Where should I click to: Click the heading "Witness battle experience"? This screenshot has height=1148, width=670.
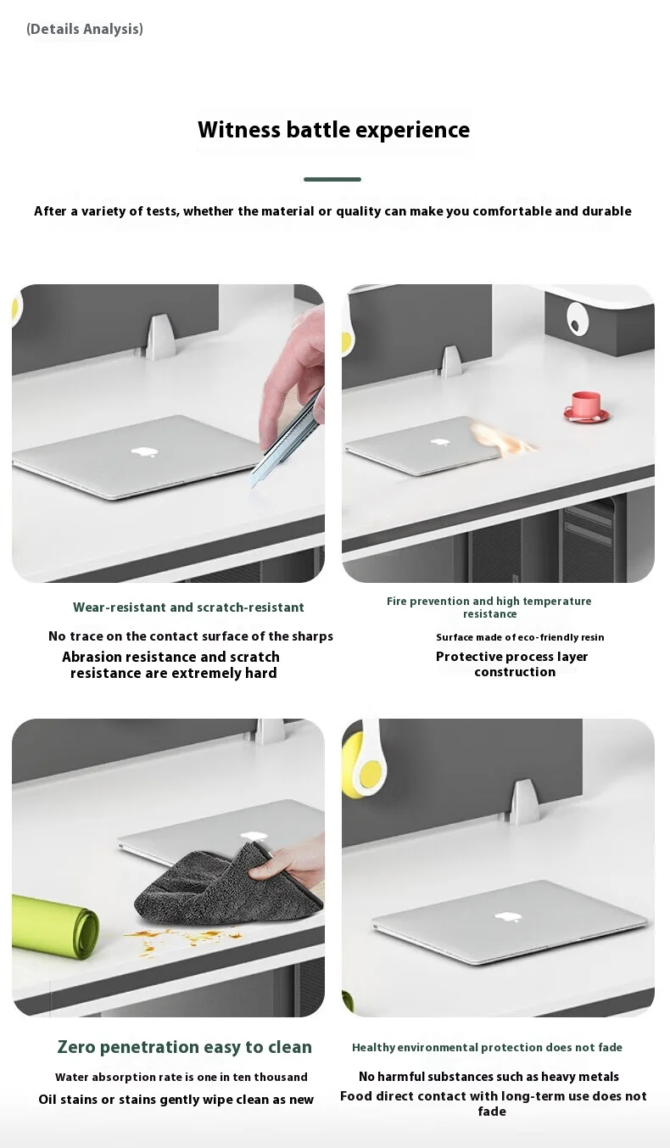click(333, 130)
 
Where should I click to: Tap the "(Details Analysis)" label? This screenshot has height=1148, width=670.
click(85, 29)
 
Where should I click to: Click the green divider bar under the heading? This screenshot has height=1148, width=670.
click(332, 179)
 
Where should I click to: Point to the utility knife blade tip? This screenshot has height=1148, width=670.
click(253, 486)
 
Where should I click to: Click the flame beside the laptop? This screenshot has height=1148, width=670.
click(502, 437)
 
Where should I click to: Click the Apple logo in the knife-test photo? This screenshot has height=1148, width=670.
click(144, 451)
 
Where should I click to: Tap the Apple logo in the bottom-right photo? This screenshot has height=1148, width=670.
click(508, 917)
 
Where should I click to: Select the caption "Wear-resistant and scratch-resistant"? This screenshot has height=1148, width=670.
click(188, 608)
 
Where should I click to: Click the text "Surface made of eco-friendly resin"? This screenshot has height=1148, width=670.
click(520, 637)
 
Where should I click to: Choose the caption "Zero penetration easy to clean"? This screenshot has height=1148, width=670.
click(184, 1047)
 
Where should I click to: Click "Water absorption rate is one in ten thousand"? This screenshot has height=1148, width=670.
click(181, 1078)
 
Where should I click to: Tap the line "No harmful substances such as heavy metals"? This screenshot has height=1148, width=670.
click(489, 1077)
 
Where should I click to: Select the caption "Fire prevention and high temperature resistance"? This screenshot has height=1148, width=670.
click(489, 608)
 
